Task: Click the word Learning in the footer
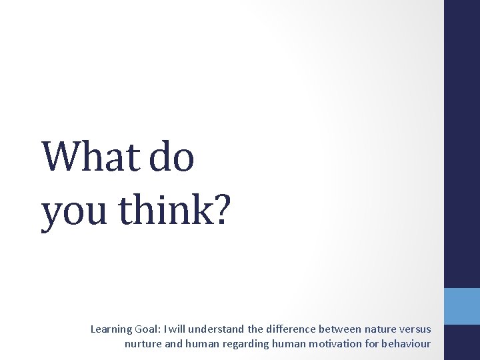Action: click(x=111, y=329)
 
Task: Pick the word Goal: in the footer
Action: click(x=151, y=329)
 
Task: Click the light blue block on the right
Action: click(x=462, y=306)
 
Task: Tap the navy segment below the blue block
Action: click(x=462, y=343)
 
